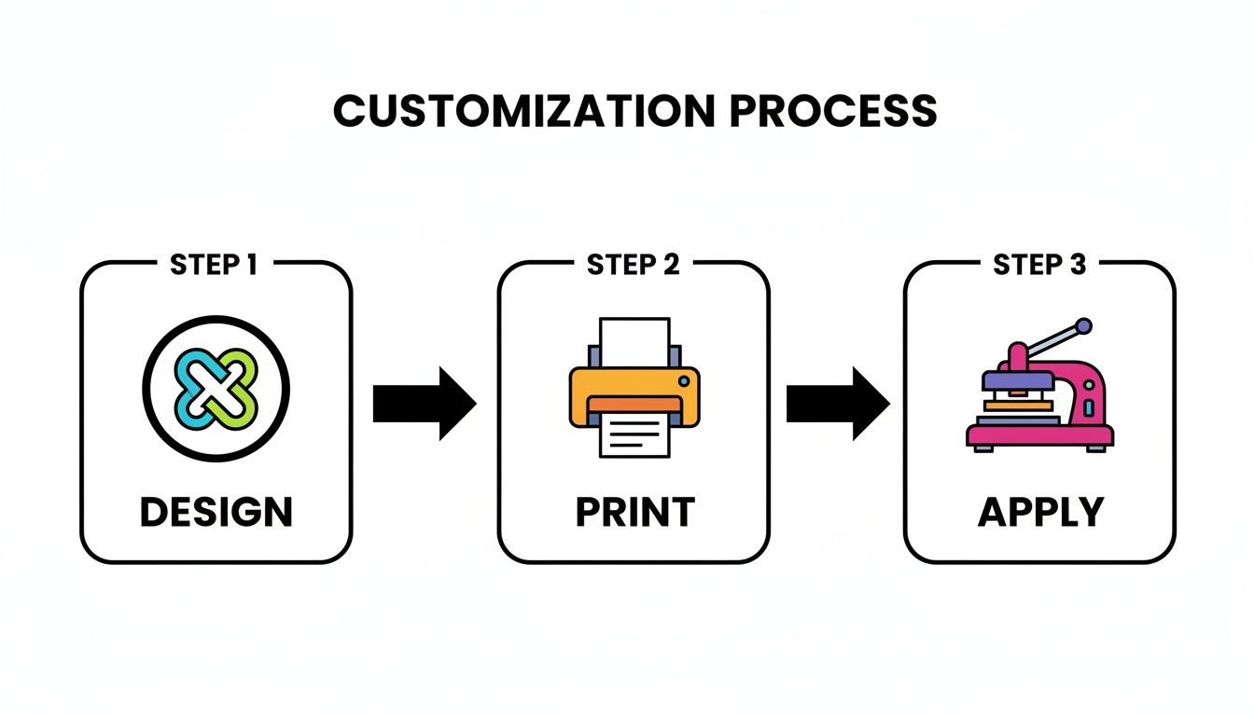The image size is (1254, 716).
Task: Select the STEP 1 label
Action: pyautogui.click(x=214, y=265)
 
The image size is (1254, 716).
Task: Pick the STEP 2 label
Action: pyautogui.click(x=633, y=265)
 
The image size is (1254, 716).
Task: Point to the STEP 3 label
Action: pyautogui.click(x=1039, y=265)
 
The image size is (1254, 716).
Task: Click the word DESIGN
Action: pyautogui.click(x=216, y=513)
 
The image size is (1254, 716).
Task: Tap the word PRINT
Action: pyautogui.click(x=634, y=513)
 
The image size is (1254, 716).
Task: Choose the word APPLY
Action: pyautogui.click(x=1040, y=513)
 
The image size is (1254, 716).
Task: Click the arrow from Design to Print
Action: pyautogui.click(x=425, y=404)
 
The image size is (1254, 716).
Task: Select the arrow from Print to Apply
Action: pyautogui.click(x=838, y=404)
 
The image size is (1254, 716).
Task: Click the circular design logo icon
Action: pyautogui.click(x=216, y=388)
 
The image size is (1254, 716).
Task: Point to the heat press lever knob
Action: pyautogui.click(x=1082, y=326)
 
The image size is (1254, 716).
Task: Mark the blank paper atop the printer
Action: pyautogui.click(x=634, y=341)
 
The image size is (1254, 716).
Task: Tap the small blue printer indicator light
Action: pyautogui.click(x=684, y=380)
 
